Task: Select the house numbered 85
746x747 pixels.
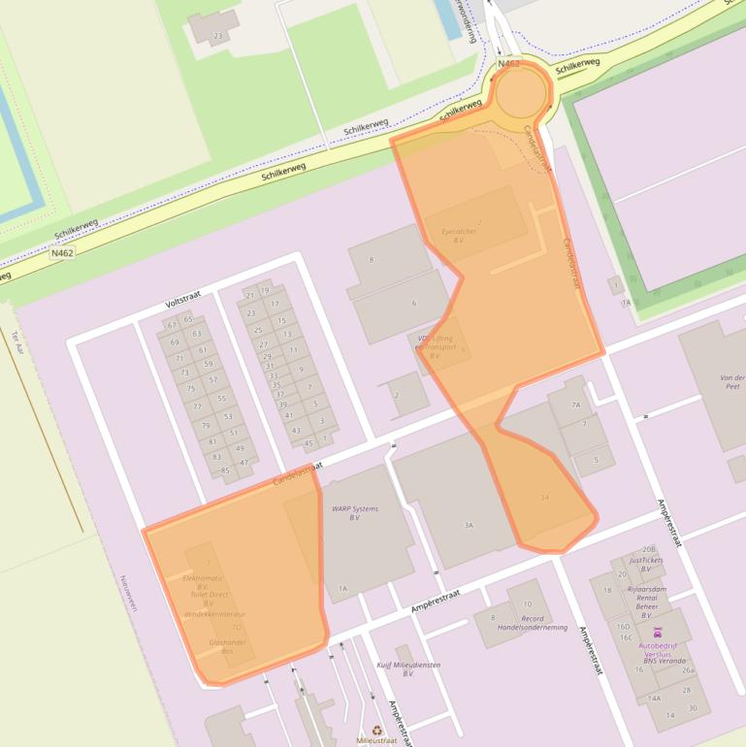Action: [225, 471]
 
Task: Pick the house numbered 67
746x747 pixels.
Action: [172, 325]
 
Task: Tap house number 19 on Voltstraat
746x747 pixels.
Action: [265, 290]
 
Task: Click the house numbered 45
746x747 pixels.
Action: [308, 442]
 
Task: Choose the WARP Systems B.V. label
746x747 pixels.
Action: [355, 513]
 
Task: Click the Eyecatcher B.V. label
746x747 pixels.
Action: [452, 235]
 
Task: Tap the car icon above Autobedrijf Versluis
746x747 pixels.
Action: [657, 633]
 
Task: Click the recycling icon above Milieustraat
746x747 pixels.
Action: [377, 730]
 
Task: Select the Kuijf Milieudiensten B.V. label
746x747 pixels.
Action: [408, 668]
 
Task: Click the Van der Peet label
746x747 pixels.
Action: [732, 380]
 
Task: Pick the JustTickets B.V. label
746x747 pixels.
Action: [646, 565]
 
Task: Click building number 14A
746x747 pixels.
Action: [654, 698]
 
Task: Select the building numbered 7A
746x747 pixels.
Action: [575, 405]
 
